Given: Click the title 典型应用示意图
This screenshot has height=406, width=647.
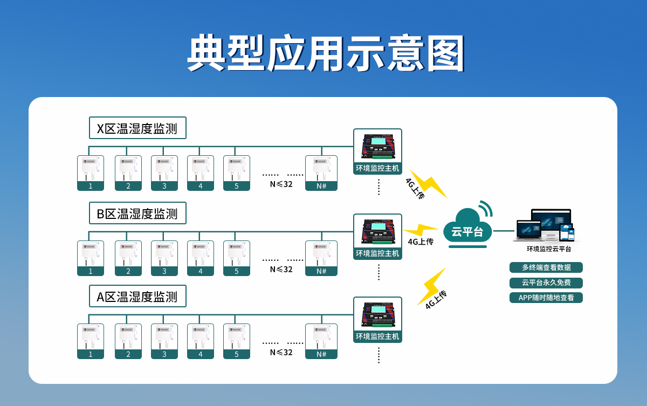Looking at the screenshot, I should (x=326, y=53).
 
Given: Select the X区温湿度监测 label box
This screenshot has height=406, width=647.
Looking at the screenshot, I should (x=137, y=128).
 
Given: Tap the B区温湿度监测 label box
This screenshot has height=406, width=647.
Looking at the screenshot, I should (x=137, y=214).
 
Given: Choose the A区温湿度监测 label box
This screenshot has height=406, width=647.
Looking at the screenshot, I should (x=137, y=297).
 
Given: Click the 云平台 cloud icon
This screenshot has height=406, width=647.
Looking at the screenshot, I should (x=467, y=229).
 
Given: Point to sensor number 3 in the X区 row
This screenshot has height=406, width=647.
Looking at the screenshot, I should (x=164, y=173).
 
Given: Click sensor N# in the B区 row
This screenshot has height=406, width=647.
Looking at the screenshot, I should (x=321, y=258).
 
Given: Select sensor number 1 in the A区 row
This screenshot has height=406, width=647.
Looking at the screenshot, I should (x=91, y=341).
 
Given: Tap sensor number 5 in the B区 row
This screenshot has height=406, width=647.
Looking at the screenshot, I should (x=237, y=258).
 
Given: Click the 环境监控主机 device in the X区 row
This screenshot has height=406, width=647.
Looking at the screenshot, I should (x=377, y=152).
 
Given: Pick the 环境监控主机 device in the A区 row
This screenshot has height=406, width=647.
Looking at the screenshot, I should (x=377, y=320).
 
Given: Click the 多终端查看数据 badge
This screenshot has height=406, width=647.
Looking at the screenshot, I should (x=546, y=267).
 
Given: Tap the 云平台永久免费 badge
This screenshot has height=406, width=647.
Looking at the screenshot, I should (x=546, y=283).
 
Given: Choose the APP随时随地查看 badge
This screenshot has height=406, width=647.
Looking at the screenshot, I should (x=546, y=298).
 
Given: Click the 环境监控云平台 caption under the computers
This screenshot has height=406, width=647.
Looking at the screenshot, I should (x=549, y=249).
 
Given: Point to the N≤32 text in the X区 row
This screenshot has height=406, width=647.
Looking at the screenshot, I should (x=281, y=184).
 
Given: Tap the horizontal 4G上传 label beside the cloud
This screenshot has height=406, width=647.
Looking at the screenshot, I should (x=421, y=242).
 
